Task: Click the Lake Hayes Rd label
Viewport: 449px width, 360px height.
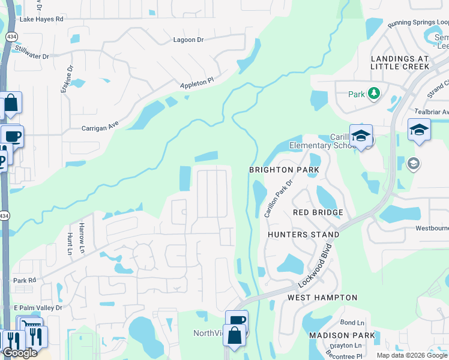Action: click(x=41, y=19)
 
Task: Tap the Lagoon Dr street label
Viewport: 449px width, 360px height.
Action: click(x=188, y=40)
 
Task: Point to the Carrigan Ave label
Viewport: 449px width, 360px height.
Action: click(x=100, y=127)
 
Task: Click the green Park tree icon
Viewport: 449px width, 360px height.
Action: click(x=374, y=94)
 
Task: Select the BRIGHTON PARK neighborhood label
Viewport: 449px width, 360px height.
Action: click(x=284, y=170)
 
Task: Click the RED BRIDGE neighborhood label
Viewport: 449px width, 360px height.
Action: click(x=318, y=212)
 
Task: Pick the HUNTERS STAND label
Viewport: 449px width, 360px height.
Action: click(x=303, y=235)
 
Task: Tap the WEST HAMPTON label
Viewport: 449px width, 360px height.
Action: click(x=322, y=298)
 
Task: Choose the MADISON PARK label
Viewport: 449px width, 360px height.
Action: click(x=342, y=335)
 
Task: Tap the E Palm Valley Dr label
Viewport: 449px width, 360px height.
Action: click(x=38, y=308)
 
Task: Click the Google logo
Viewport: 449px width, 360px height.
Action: click(x=20, y=353)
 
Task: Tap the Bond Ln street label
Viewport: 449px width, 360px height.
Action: click(x=352, y=323)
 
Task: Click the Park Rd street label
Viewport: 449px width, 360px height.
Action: click(x=25, y=280)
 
